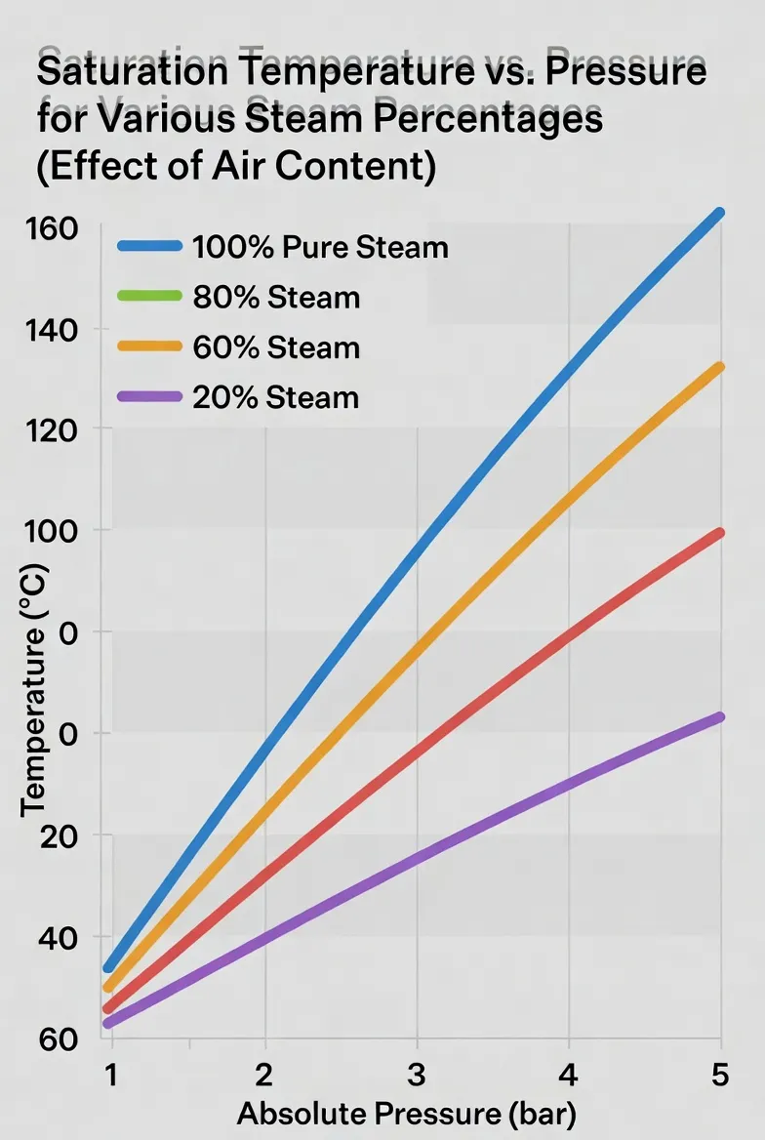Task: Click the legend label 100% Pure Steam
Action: pos(320,248)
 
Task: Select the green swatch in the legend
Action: pos(150,296)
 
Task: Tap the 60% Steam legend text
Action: pos(276,347)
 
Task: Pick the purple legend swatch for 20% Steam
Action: pos(150,396)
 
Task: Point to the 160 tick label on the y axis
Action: pos(51,228)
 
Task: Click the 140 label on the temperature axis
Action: pos(51,330)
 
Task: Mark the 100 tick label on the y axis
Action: pos(51,532)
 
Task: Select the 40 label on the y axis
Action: pos(59,938)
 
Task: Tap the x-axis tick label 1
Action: pos(111,1074)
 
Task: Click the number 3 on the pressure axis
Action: pos(416,1074)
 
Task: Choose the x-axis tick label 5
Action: pos(720,1074)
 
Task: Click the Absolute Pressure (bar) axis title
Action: pos(407,1114)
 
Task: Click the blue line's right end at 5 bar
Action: pos(718,213)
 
